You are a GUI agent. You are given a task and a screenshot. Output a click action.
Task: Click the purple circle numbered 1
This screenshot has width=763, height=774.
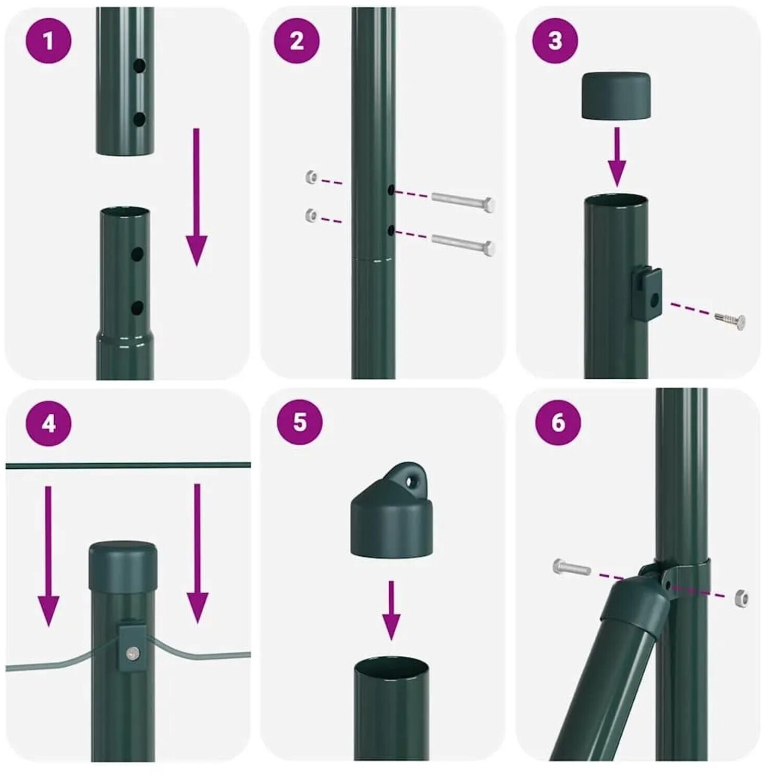click(x=48, y=41)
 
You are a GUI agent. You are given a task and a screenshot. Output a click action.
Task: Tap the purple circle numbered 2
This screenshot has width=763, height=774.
click(x=297, y=41)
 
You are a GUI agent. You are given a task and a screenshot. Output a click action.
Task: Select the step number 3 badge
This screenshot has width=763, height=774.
click(x=555, y=41)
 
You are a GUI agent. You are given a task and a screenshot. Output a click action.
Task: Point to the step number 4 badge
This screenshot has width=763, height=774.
click(x=48, y=423)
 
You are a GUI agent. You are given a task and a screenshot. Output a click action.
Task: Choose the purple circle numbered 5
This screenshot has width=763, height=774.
click(x=300, y=421)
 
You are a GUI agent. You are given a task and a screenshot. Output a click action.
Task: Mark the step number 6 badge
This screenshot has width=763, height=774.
click(x=558, y=421)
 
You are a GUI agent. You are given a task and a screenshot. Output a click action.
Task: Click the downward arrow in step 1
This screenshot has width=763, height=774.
click(x=196, y=197)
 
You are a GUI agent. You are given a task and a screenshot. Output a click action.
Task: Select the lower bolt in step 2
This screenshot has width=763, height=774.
click(x=462, y=244)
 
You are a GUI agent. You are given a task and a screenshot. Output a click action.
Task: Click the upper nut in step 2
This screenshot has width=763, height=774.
click(x=312, y=177)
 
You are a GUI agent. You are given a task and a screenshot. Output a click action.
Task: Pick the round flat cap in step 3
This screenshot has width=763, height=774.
click(x=616, y=96)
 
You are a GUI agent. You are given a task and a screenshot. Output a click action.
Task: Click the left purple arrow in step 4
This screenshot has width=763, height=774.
click(x=48, y=555)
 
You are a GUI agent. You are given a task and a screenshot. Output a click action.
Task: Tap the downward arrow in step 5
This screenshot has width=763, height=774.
click(x=391, y=610)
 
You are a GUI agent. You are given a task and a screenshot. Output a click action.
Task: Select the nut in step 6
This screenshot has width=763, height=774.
click(x=741, y=598)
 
